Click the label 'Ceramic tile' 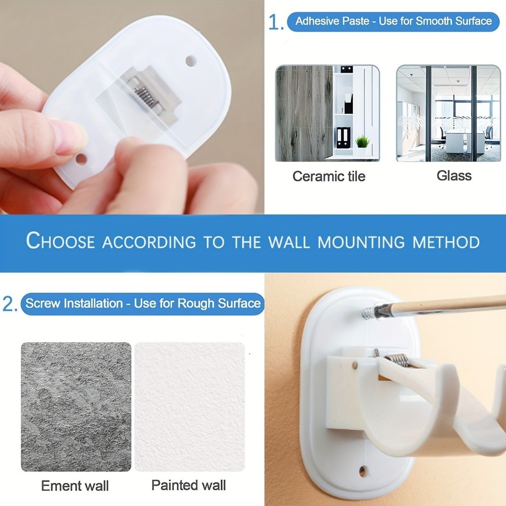tap(329, 176)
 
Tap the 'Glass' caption tap(454, 176)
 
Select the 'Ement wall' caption tap(75, 486)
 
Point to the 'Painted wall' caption tap(188, 485)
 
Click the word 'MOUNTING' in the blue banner tap(361, 242)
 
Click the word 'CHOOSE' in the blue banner tap(60, 241)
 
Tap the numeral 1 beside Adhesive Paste tap(275, 23)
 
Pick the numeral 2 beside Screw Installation tap(9, 304)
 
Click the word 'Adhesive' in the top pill tap(316, 21)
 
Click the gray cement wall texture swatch tap(76, 407)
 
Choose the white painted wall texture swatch tap(189, 407)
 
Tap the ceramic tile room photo tap(327, 113)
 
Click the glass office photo tap(448, 113)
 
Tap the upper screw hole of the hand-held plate tap(191, 61)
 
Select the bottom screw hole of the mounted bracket tap(362, 471)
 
